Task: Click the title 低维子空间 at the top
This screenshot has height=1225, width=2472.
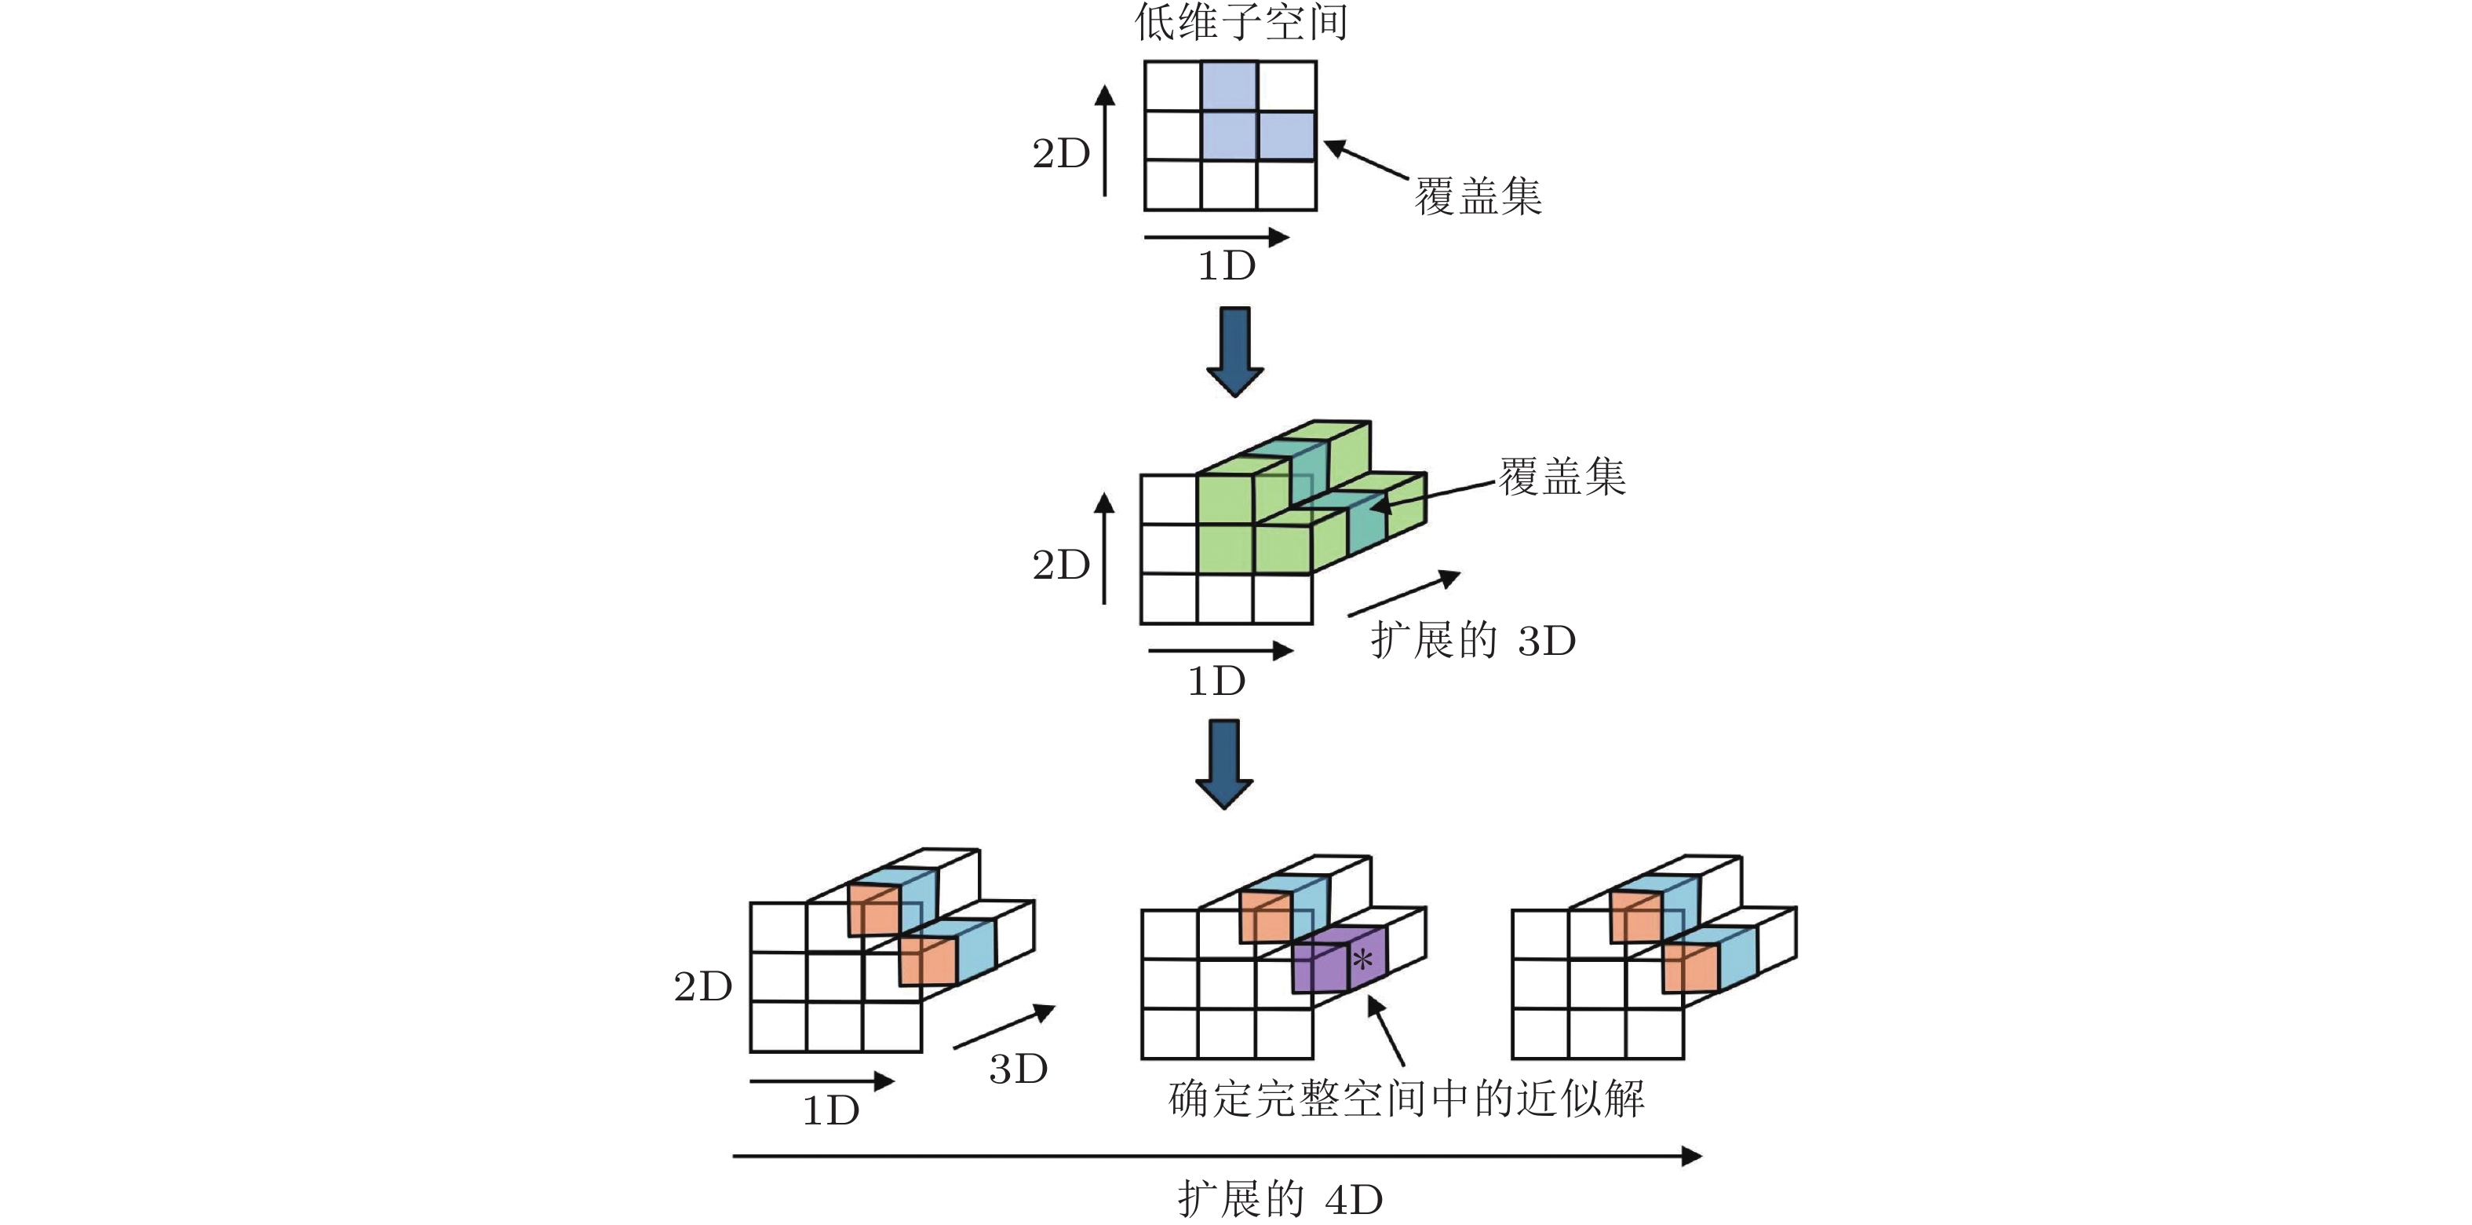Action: click(x=1241, y=21)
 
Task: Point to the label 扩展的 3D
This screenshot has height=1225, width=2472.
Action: click(x=1473, y=640)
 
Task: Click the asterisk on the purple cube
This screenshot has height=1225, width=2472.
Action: click(x=1362, y=958)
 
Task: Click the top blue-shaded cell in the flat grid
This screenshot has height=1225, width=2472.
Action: click(x=1229, y=86)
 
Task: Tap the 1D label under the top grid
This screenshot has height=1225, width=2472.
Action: click(x=1227, y=267)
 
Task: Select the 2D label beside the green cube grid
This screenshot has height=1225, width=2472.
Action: click(x=1060, y=565)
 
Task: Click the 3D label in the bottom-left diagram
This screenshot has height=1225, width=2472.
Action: click(x=1018, y=1070)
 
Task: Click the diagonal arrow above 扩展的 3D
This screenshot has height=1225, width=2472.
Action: click(x=1403, y=594)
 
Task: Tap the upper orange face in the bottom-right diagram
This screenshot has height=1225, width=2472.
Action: click(x=1635, y=918)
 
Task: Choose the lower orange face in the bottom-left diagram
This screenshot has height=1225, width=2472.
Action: click(x=927, y=961)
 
